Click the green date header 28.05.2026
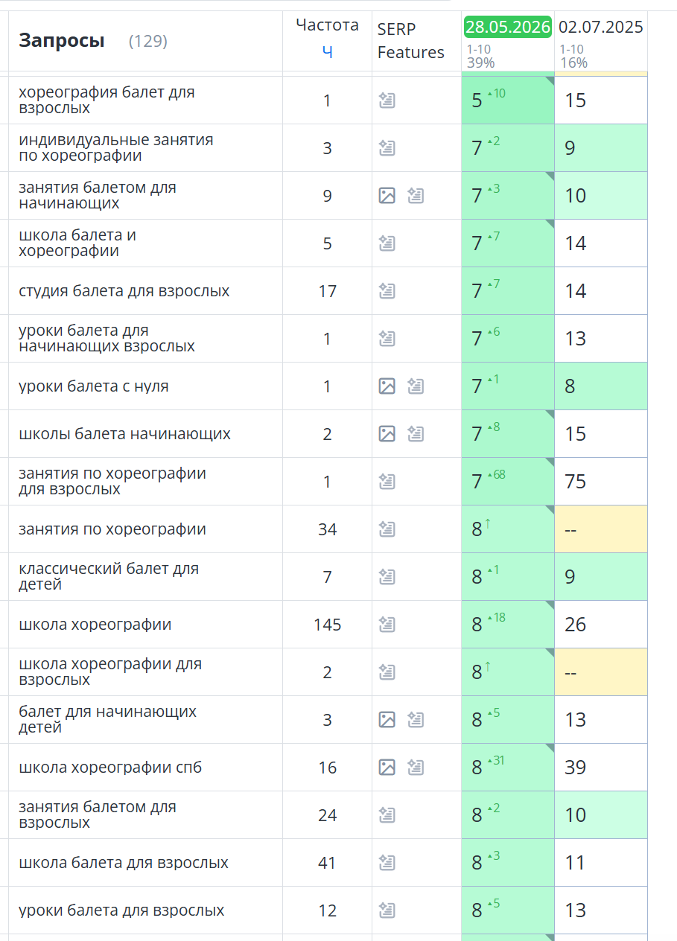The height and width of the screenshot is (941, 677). point(508,27)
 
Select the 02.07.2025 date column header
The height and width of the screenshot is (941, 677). point(600,27)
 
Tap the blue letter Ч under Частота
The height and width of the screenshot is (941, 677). point(328,51)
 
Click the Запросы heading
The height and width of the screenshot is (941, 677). point(62,40)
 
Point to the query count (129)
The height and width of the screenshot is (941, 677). point(148,41)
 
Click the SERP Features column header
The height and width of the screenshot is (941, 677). point(410,41)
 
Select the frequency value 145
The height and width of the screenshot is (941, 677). point(328,625)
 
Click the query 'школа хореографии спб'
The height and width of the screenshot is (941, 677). point(110,767)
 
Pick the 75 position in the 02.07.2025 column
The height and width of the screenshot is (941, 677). point(575,482)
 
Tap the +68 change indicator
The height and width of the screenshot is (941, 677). point(497,475)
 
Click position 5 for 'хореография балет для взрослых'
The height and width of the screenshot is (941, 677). point(477,101)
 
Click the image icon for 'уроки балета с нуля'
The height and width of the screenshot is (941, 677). point(387,386)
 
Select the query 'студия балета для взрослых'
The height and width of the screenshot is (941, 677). point(124,290)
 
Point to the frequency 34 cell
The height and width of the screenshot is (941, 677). point(328,529)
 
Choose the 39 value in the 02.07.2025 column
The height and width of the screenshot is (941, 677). point(575,768)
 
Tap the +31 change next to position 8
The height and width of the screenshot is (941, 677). point(496,760)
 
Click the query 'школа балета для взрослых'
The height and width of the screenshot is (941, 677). point(124,862)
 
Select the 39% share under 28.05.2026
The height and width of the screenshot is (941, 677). point(480,63)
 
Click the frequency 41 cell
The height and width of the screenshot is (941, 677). point(327,863)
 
